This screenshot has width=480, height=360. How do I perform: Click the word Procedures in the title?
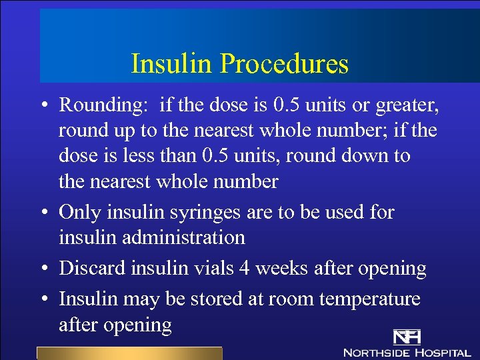284,64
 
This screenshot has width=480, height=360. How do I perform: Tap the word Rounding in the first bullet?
102,105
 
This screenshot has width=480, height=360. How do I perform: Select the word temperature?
370,299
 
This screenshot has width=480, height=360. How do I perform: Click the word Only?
81,213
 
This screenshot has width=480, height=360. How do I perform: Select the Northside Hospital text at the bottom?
407,351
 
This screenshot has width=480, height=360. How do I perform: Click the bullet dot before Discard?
42,269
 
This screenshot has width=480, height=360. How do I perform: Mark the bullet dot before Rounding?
42,106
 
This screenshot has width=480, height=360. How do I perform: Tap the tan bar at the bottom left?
129,353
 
